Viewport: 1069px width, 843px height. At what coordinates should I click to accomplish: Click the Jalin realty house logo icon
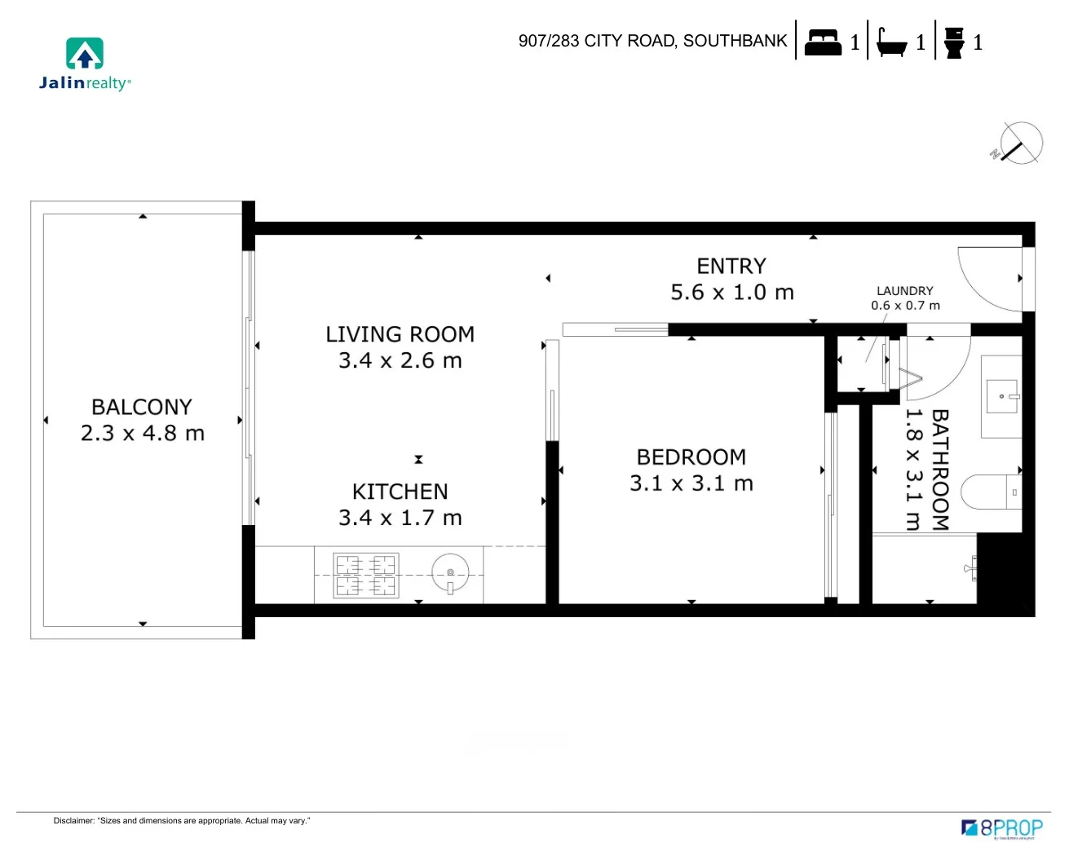click(x=85, y=54)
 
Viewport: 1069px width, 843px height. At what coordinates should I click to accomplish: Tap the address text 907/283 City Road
click(x=652, y=41)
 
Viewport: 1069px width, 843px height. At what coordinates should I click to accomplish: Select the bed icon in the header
click(x=822, y=42)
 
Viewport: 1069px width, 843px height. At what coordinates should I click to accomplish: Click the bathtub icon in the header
click(x=890, y=42)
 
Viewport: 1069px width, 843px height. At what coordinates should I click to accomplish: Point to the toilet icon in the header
click(x=953, y=42)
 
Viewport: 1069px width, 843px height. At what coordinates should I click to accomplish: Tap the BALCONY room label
click(x=142, y=407)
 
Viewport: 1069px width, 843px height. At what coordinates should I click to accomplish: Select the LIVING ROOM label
click(x=400, y=334)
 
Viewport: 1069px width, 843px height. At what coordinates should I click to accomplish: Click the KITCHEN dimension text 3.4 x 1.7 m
click(x=400, y=518)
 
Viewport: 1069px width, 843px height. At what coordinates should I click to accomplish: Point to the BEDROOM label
click(x=691, y=457)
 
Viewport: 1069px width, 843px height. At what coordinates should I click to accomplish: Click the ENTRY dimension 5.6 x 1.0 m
click(x=731, y=292)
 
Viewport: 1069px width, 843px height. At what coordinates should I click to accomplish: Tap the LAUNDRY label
click(x=904, y=291)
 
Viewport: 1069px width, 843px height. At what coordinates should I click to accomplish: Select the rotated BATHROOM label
click(x=940, y=470)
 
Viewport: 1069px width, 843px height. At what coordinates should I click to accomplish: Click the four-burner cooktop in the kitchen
click(x=365, y=575)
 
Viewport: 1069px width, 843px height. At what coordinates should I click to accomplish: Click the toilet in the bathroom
click(x=990, y=492)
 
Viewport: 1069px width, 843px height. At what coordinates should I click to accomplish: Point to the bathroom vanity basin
click(x=1001, y=397)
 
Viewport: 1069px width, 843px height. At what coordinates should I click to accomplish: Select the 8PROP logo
click(x=1002, y=828)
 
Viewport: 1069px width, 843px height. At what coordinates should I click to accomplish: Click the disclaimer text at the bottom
click(x=182, y=820)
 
